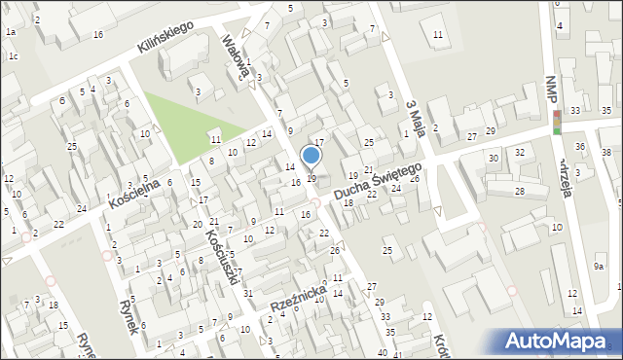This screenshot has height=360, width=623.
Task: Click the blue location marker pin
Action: [311, 156]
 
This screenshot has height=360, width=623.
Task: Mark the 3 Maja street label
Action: [414, 118]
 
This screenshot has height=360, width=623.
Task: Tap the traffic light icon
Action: [557, 122]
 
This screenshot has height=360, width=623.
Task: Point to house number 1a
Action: [10, 32]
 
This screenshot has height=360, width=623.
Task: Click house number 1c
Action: [13, 55]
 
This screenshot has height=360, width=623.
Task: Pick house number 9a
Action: [600, 266]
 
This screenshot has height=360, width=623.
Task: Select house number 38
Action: [605, 154]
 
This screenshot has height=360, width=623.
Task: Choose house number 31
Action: [248, 293]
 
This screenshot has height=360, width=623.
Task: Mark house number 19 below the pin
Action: [311, 178]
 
